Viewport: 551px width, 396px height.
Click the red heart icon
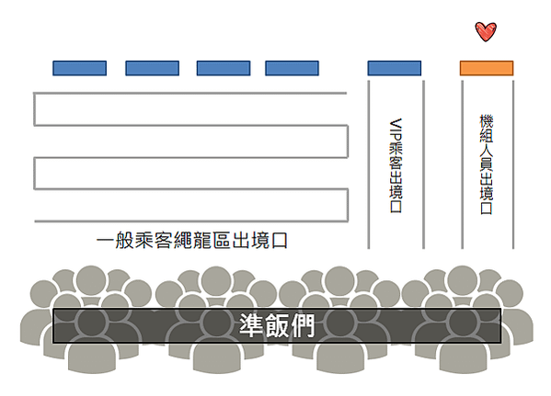[x=486, y=31]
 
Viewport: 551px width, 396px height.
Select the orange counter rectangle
[x=487, y=68]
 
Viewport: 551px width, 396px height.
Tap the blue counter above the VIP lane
[x=395, y=68]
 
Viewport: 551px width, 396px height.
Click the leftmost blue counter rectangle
[x=79, y=68]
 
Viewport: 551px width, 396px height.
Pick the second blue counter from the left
[x=152, y=68]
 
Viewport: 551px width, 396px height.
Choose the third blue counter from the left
[x=224, y=68]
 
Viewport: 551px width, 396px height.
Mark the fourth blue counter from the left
[x=292, y=68]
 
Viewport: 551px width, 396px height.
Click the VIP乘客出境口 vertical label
[x=396, y=165]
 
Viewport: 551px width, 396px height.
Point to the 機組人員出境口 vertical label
[x=487, y=164]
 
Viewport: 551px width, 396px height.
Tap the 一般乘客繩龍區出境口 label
[x=192, y=241]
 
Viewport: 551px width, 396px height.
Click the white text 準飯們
[x=277, y=325]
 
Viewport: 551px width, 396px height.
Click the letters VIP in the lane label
[x=396, y=130]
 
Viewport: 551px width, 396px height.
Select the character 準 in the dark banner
[x=251, y=325]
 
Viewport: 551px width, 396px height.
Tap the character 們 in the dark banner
[x=303, y=325]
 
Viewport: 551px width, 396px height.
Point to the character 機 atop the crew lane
[x=487, y=121]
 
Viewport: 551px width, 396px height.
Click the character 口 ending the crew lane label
[x=487, y=208]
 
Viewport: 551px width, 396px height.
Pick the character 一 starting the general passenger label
[x=105, y=241]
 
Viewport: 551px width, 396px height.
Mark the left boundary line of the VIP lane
[x=369, y=164]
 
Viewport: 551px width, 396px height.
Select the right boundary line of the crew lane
[x=513, y=164]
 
